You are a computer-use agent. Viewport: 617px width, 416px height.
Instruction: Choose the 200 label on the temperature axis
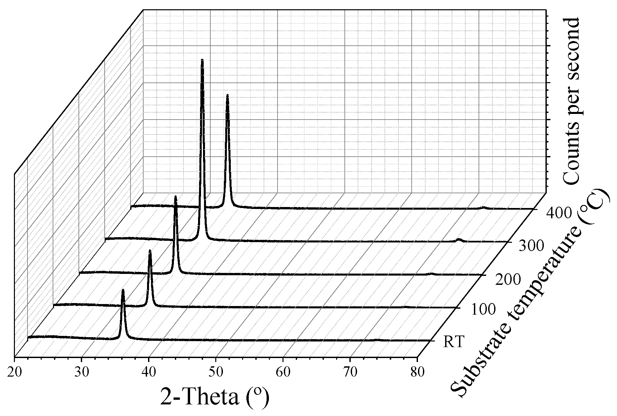[508, 280]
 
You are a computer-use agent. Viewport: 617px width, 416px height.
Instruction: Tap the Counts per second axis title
[571, 101]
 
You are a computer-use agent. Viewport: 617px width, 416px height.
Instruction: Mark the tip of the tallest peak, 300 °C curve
[202, 60]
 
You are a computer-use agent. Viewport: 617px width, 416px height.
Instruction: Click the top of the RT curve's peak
[123, 290]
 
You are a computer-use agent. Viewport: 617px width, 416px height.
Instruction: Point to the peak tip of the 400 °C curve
[228, 95]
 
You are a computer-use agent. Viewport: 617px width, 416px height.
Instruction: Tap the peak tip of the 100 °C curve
[150, 251]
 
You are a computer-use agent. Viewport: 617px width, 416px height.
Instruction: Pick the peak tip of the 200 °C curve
[176, 196]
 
